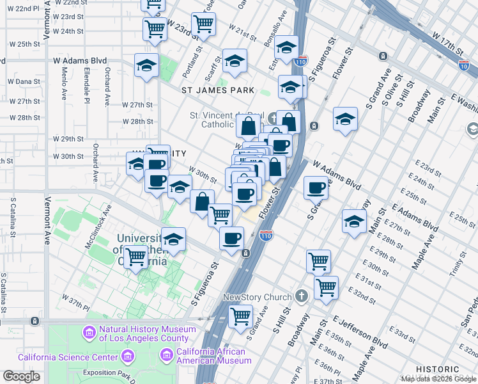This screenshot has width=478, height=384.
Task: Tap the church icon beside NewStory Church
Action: (x=302, y=297)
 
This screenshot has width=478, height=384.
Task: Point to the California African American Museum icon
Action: (x=167, y=354)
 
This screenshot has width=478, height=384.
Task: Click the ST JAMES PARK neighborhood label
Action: (x=218, y=90)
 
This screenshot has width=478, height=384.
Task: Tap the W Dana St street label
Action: (x=24, y=81)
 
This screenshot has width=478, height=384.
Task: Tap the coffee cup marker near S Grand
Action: (x=316, y=188)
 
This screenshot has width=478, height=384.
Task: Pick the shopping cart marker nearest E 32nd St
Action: (x=326, y=287)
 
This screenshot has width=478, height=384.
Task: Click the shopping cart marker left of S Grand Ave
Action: (x=240, y=316)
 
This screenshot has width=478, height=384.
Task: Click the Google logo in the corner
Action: (x=21, y=376)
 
